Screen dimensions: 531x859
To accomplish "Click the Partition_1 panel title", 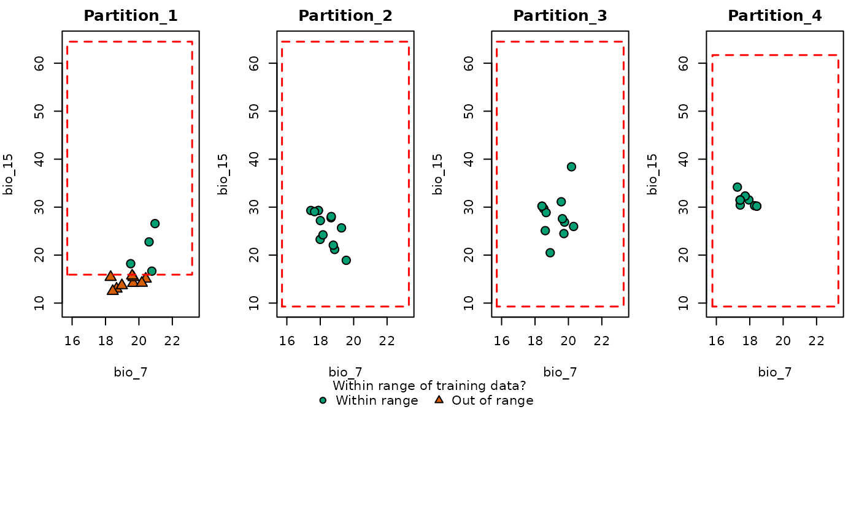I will [x=131, y=16].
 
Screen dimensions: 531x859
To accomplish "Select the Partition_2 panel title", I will [x=345, y=16].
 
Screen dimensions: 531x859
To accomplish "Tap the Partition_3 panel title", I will [x=560, y=16].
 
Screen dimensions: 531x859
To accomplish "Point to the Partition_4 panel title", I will [x=775, y=16].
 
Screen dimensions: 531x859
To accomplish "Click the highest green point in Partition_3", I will [x=571, y=167].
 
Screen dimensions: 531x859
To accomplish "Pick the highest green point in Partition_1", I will [x=155, y=224].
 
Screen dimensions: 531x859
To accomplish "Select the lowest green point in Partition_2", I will [x=346, y=261].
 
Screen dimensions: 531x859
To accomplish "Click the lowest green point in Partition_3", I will [x=550, y=253].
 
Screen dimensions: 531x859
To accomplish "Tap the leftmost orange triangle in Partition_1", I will [x=110, y=276].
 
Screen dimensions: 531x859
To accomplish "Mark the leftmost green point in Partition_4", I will [x=737, y=187].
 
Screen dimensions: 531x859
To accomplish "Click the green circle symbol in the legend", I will [x=323, y=400].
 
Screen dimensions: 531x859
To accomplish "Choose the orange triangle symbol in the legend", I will [x=439, y=400].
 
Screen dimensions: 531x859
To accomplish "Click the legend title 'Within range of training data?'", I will [x=429, y=386].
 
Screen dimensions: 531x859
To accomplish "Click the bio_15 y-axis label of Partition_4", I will [x=652, y=174].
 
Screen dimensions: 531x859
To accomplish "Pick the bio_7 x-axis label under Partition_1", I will [x=131, y=372].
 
